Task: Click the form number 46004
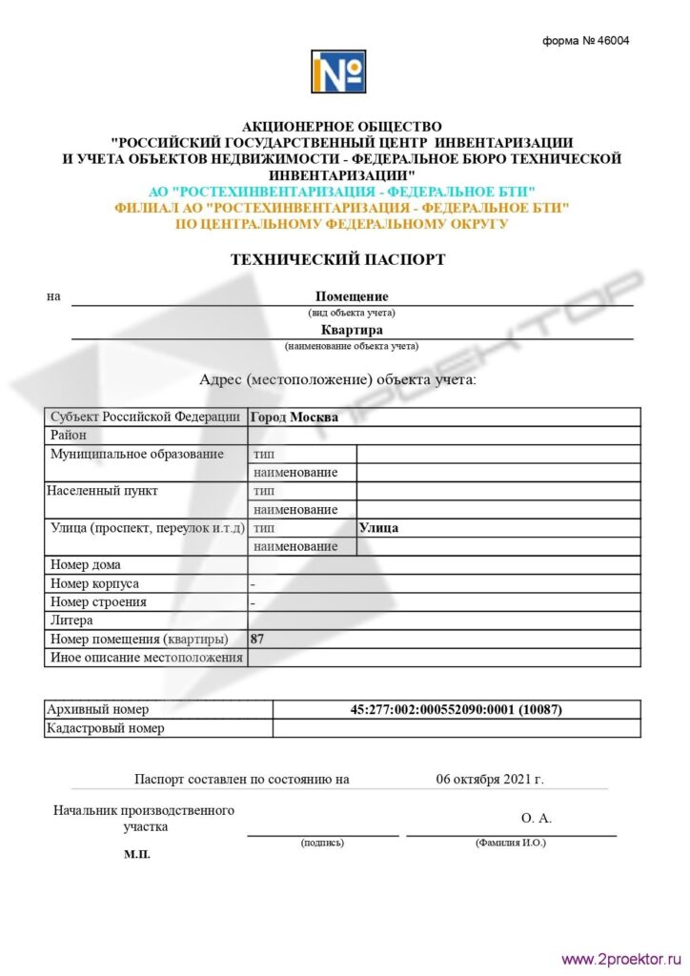586,41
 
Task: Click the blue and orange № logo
337,72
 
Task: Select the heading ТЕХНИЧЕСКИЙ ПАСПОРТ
337,259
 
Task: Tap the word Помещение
352,296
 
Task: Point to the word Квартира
352,331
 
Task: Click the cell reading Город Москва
294,417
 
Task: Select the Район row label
69,436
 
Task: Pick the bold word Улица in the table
378,528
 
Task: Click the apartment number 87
257,640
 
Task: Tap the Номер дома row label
86,565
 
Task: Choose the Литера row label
72,620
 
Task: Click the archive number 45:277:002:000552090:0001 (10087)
457,710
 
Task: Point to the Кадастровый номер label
107,729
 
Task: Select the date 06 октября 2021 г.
490,780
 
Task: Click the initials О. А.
537,818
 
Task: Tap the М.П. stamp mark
137,855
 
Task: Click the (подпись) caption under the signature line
322,844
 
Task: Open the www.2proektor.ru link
619,960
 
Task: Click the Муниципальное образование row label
137,454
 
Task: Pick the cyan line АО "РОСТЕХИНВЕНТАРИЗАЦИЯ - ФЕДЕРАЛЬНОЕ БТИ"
342,192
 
